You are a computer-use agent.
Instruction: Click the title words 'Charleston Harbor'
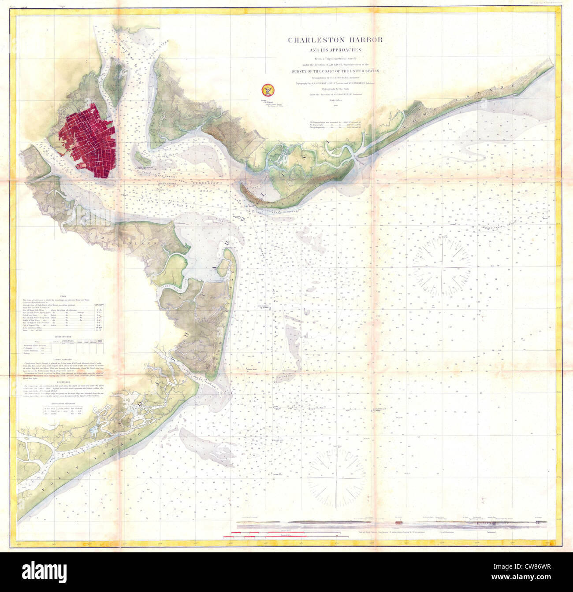tap(335, 40)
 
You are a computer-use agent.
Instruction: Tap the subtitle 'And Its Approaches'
tap(335, 50)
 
